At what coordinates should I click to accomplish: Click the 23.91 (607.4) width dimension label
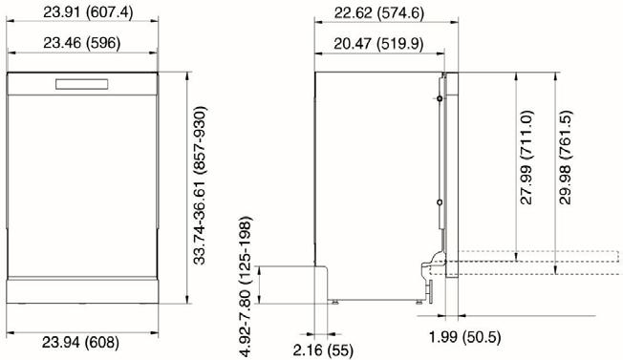[x=88, y=12]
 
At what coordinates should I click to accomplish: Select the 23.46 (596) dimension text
[x=82, y=42]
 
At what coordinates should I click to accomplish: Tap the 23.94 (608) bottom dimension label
[x=80, y=342]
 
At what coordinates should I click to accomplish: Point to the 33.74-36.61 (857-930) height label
[x=200, y=185]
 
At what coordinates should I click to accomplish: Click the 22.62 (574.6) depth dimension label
[x=379, y=13]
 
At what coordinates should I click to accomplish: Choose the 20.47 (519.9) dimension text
[x=378, y=43]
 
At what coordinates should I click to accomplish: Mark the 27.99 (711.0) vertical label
[x=526, y=158]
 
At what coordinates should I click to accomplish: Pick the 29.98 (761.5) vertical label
[x=565, y=158]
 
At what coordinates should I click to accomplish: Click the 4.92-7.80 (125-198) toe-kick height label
[x=246, y=286]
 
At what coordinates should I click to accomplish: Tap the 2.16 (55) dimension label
[x=323, y=350]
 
